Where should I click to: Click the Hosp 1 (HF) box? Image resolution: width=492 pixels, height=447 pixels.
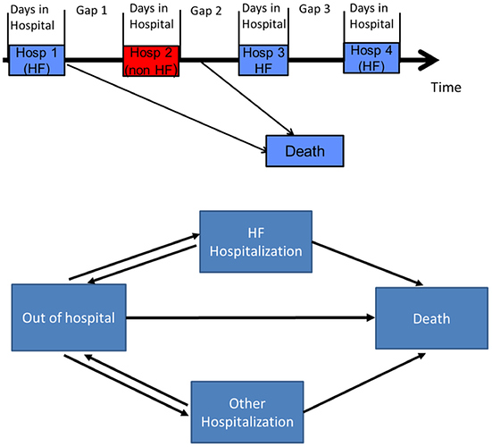coord(37,60)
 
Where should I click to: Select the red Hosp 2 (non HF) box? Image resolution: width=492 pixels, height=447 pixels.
coord(151,61)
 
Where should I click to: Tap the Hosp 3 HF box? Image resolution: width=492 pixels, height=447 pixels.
coord(263,60)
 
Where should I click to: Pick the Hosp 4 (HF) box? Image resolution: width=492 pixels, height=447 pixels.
coord(371,58)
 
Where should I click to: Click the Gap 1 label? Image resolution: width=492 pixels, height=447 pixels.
coord(92,11)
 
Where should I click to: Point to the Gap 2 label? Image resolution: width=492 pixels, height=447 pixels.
coord(206,11)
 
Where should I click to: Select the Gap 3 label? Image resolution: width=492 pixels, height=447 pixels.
coord(314,9)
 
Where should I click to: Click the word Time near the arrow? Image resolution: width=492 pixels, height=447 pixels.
coord(446,88)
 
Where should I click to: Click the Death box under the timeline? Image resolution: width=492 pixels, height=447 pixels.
coord(305,151)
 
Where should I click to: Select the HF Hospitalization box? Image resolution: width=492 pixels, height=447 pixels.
coord(255,241)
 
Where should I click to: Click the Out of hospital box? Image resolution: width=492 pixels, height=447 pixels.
coord(69,317)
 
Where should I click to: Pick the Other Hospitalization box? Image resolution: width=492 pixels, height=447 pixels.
coord(247,412)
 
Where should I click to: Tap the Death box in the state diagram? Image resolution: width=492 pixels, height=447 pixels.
coord(432,318)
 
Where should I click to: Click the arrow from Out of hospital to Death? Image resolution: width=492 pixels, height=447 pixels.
coord(250,318)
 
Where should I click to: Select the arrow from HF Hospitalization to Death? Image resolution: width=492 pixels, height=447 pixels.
coord(367,264)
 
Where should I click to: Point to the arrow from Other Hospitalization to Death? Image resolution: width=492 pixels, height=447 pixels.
coord(364,383)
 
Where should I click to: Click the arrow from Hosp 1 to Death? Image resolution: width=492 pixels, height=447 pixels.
coord(167,108)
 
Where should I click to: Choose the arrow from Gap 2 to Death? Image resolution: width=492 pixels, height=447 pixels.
coord(247,98)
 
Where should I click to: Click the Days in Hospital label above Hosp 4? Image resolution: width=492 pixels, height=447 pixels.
coord(371,16)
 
